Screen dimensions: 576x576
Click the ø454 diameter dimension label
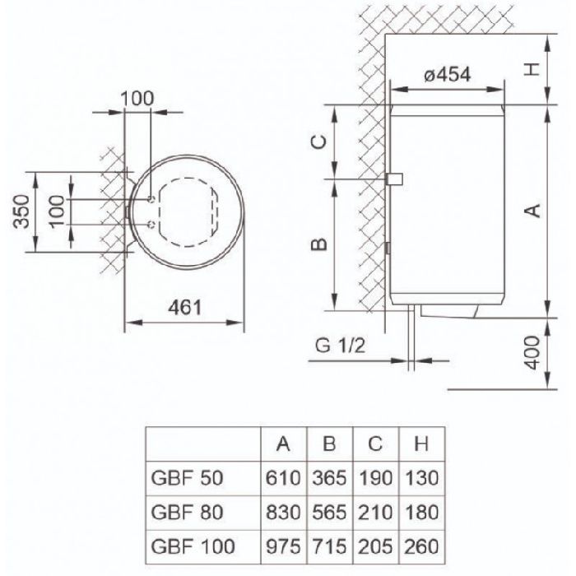(447, 76)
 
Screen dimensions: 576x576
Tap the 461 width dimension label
(185, 307)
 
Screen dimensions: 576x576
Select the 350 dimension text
(21, 211)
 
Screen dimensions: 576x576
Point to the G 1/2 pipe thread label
(340, 346)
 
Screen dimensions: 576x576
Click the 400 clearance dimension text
(532, 353)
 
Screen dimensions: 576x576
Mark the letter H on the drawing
(532, 69)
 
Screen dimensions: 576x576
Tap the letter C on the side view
(318, 142)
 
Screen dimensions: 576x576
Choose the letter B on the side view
(318, 244)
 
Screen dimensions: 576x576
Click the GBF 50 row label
(187, 478)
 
